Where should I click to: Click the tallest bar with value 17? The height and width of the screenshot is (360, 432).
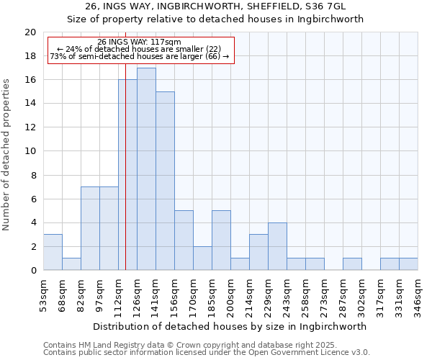click(x=146, y=169)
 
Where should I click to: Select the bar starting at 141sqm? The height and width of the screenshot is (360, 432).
click(x=165, y=181)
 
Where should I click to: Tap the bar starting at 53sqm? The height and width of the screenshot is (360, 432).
click(x=53, y=252)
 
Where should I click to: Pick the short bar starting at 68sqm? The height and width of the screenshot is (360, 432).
click(x=71, y=264)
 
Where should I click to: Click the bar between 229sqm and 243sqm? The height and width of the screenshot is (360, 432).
click(x=277, y=246)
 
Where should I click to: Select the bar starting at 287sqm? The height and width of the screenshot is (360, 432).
click(x=352, y=264)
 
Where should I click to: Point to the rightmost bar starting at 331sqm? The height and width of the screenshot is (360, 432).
click(x=408, y=264)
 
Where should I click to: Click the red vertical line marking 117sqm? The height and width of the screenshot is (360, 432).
click(x=125, y=180)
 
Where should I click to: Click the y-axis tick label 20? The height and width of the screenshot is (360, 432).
click(x=30, y=32)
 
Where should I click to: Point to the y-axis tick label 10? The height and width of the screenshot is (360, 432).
click(x=30, y=151)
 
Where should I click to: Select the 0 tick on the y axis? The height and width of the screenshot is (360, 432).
click(x=33, y=270)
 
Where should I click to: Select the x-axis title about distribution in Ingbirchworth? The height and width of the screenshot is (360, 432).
click(x=230, y=326)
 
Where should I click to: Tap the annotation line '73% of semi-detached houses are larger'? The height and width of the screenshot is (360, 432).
click(x=140, y=56)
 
